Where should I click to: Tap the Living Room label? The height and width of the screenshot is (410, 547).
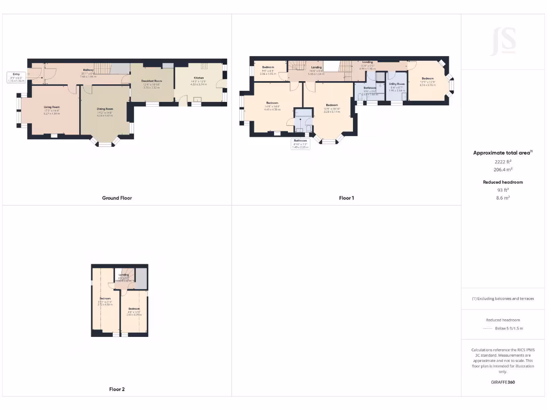click(52, 107)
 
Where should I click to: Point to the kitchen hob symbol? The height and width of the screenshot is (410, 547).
click(204, 66)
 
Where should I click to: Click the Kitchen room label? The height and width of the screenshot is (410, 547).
click(199, 78)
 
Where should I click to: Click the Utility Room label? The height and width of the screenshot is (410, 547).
click(396, 84)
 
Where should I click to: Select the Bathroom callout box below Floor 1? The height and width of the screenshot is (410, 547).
click(300, 144)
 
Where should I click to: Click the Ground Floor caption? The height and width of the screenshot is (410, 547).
click(117, 198)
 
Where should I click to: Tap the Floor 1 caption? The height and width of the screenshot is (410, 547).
click(346, 198)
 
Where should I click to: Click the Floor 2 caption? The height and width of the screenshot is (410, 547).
click(116, 389)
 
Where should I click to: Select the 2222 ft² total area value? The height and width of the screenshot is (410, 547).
click(503, 161)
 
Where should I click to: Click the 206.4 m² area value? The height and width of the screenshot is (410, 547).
click(503, 169)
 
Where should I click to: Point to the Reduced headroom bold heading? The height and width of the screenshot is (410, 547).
click(503, 182)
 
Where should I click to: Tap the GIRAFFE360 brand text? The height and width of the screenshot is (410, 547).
click(503, 382)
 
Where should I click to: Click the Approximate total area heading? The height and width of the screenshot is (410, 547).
click(502, 153)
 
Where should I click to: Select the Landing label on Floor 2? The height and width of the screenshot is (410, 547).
click(124, 275)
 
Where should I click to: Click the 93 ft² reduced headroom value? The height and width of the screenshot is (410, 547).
click(503, 190)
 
